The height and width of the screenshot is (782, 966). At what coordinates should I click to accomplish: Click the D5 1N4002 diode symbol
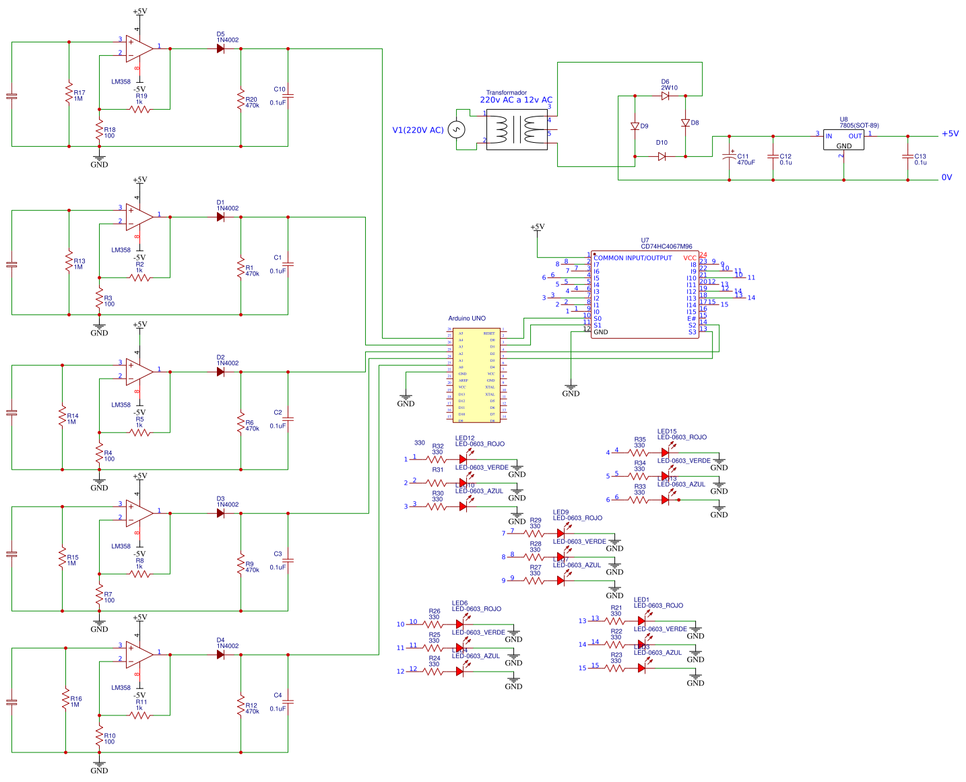pyautogui.click(x=220, y=48)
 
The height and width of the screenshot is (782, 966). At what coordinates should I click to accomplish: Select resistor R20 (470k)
pyautogui.click(x=240, y=100)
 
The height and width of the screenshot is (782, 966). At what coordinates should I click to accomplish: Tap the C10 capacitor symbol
pyautogui.click(x=288, y=97)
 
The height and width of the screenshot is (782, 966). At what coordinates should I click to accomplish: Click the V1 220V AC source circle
pyautogui.click(x=457, y=129)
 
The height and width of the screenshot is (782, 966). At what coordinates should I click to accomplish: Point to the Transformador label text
pyautogui.click(x=507, y=93)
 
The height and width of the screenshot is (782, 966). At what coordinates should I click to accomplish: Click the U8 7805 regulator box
pyautogui.click(x=843, y=140)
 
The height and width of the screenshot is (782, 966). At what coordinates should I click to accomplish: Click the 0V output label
pyautogui.click(x=946, y=178)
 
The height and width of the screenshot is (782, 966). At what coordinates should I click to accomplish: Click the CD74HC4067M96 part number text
pyautogui.click(x=666, y=247)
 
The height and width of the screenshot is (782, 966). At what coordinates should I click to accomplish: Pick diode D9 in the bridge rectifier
pyautogui.click(x=635, y=126)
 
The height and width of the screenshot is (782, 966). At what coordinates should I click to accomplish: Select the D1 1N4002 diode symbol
pyautogui.click(x=220, y=217)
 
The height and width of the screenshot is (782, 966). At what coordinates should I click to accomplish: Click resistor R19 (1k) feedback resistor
pyautogui.click(x=140, y=108)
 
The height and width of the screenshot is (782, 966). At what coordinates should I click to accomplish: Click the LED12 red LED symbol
pyautogui.click(x=463, y=459)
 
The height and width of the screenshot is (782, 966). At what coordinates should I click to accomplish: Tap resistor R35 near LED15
pyautogui.click(x=638, y=453)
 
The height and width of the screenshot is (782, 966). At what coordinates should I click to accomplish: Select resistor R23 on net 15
pyautogui.click(x=615, y=668)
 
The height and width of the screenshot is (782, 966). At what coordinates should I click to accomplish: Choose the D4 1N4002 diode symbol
pyautogui.click(x=220, y=655)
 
